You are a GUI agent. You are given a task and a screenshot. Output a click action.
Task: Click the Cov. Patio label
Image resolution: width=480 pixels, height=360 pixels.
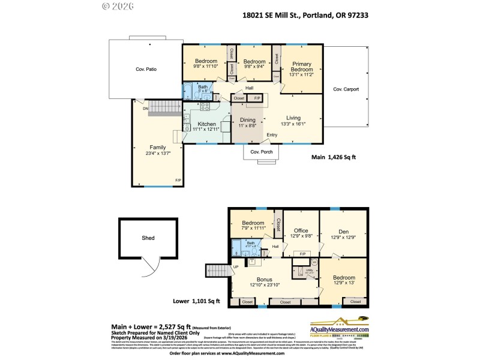click(146, 70)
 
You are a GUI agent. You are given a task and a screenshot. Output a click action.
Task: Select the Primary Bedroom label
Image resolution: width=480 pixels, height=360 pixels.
click(302, 65)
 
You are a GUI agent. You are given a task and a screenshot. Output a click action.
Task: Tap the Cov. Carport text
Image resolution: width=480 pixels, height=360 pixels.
click(346, 89)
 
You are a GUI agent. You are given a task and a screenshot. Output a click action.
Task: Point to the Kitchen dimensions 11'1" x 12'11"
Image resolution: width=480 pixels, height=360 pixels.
click(207, 130)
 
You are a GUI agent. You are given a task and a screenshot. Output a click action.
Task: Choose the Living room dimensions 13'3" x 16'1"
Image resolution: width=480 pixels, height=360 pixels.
click(293, 124)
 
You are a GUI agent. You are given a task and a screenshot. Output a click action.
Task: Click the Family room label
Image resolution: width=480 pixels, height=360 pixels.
click(157, 147)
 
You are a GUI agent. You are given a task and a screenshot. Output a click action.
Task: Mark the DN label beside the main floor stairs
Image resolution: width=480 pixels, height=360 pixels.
click(145, 109)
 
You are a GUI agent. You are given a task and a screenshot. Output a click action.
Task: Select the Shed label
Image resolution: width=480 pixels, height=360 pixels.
click(148, 238)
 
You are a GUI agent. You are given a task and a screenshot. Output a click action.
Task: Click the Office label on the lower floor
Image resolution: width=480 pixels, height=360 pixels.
click(301, 230)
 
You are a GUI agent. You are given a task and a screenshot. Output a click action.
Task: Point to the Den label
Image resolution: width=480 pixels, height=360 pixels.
click(343, 230)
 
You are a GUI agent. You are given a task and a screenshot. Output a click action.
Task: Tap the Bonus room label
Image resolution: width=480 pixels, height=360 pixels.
click(265, 279)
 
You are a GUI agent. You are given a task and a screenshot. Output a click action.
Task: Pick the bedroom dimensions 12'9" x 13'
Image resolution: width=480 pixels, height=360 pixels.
click(343, 283)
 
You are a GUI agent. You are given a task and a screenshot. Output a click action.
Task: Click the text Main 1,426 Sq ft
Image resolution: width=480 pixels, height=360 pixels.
click(334, 158)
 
